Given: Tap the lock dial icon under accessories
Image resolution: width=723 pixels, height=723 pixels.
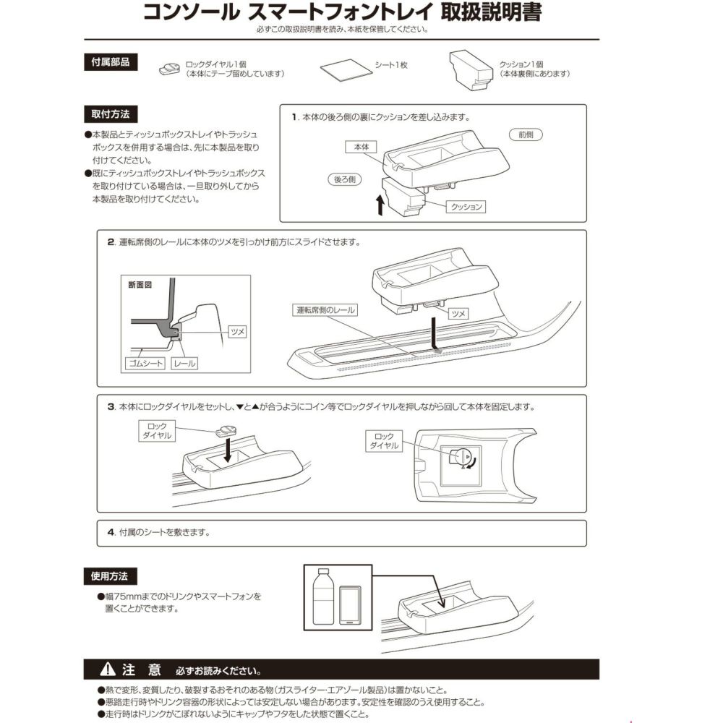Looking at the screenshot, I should (x=171, y=69).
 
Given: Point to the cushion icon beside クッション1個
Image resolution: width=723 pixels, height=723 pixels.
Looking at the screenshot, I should (x=470, y=70).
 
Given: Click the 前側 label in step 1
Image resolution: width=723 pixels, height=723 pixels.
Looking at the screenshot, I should (x=526, y=134).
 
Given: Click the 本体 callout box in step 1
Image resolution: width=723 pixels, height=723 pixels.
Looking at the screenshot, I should (x=361, y=146).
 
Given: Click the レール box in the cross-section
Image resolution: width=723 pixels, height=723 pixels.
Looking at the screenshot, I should (x=185, y=363).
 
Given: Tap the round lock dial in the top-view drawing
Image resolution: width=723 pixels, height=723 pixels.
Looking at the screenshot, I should (x=458, y=457).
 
